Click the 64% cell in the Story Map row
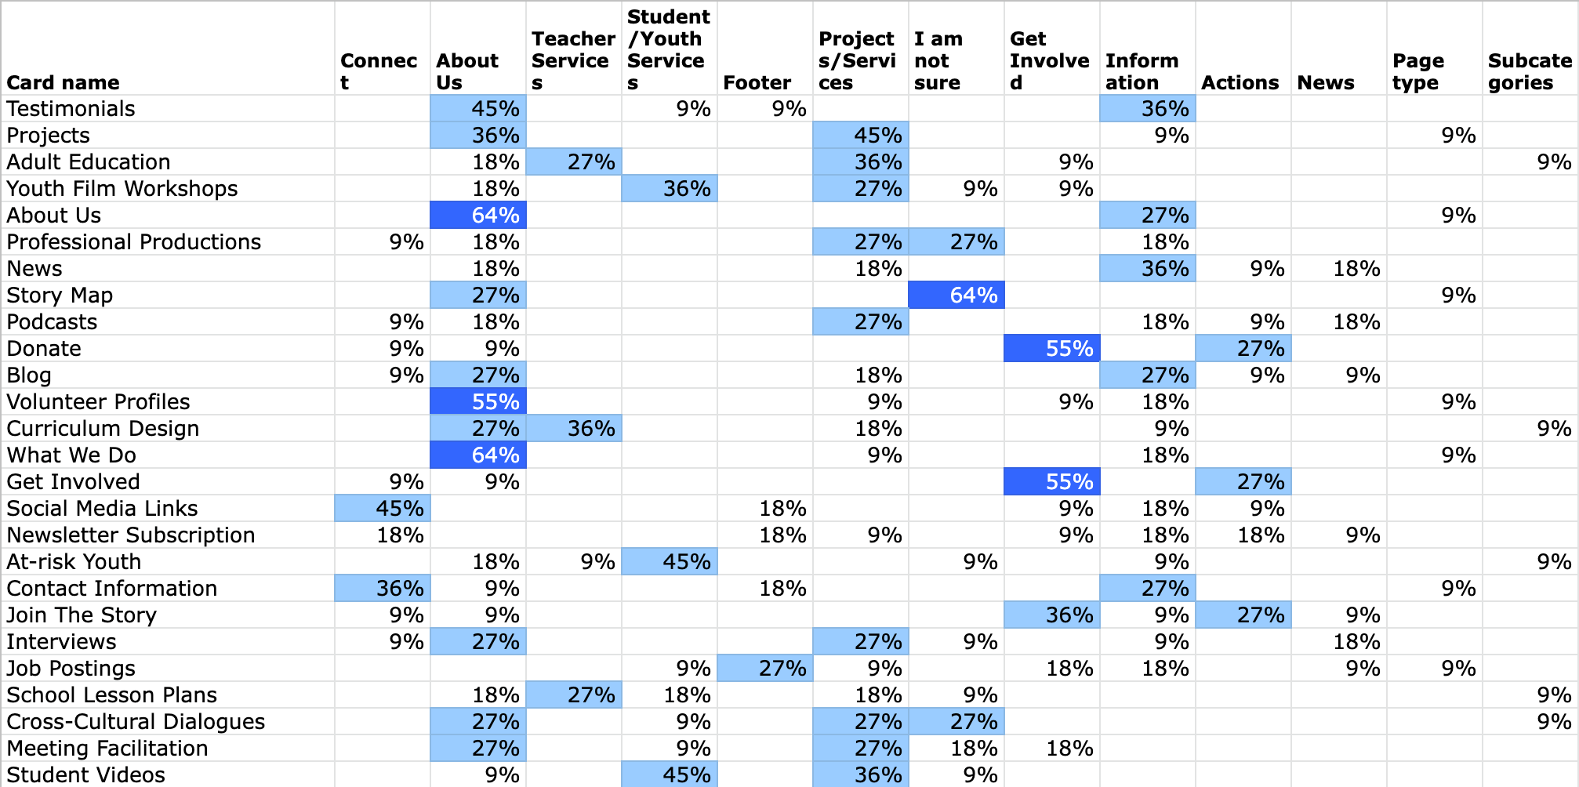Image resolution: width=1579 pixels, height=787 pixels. [x=956, y=296]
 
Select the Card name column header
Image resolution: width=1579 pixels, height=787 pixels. [x=63, y=82]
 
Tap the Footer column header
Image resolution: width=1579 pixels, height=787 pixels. [x=757, y=82]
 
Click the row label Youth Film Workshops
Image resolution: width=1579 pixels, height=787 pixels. [x=122, y=189]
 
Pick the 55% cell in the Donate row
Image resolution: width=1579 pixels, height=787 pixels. [x=1051, y=349]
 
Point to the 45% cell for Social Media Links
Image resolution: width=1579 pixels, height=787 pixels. [x=382, y=509]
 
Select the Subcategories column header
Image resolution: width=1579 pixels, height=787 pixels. [x=1530, y=71]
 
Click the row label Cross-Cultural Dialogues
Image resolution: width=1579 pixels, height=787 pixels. [x=136, y=722]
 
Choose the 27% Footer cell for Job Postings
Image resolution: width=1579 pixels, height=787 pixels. [x=764, y=669]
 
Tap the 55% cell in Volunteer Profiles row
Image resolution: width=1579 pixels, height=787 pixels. [x=477, y=402]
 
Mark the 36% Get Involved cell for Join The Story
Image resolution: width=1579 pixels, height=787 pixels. [x=1051, y=615]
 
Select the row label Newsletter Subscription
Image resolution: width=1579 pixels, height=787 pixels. [x=130, y=535]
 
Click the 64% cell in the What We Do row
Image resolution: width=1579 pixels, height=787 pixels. [x=477, y=455]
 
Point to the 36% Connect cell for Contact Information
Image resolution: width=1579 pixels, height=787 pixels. [x=382, y=589]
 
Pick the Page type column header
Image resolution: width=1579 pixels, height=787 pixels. [x=1417, y=71]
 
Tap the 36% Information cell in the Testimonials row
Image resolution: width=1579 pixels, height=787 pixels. [x=1147, y=109]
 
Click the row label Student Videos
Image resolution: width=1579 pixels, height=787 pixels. [x=85, y=775]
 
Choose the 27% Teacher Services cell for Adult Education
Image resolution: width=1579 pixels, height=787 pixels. [x=573, y=162]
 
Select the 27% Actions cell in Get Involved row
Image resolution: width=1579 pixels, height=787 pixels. [x=1243, y=482]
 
